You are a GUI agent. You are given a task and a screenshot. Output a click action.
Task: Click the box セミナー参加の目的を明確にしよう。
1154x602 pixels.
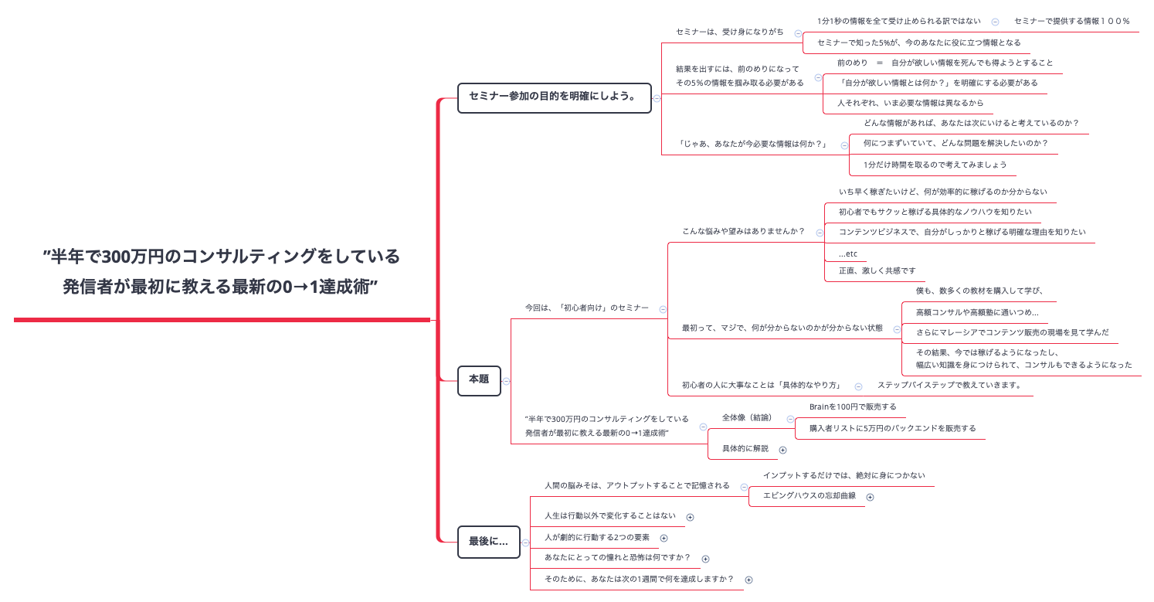(554, 97)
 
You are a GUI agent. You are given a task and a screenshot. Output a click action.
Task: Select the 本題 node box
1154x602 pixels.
(479, 380)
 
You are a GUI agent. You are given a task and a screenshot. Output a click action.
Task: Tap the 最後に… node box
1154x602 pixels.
(488, 542)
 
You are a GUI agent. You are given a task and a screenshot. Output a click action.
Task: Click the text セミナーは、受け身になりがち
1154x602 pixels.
(729, 32)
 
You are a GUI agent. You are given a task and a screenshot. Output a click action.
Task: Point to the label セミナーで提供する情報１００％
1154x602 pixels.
(1071, 22)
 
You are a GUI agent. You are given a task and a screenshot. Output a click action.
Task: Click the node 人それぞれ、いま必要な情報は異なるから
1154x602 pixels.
(910, 103)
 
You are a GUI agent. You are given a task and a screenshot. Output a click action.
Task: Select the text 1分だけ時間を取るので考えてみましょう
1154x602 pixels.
(935, 165)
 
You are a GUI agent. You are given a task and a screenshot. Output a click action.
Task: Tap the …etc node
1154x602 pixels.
(848, 253)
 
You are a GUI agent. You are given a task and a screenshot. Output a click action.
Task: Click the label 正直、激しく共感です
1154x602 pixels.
(877, 270)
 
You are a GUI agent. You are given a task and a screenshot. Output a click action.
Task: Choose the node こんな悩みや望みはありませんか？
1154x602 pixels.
(743, 231)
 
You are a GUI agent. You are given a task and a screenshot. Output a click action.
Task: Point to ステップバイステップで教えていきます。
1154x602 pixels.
(949, 385)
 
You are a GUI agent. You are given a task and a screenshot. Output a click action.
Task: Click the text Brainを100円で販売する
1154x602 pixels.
(853, 406)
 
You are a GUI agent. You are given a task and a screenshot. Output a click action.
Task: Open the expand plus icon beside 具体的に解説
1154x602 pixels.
(782, 450)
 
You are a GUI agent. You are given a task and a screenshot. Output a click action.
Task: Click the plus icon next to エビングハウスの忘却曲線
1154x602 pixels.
(870, 497)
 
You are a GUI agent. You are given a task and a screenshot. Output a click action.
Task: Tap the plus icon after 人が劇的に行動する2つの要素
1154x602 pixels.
(664, 539)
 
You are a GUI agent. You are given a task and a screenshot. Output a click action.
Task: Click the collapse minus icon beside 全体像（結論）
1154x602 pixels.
(790, 420)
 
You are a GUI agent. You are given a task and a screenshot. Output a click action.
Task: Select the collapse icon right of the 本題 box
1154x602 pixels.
(507, 381)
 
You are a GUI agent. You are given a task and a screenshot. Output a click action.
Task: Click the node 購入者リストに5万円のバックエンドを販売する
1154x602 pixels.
(892, 428)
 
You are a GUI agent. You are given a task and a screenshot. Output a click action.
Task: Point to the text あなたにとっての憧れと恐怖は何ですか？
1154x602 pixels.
(617, 557)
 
